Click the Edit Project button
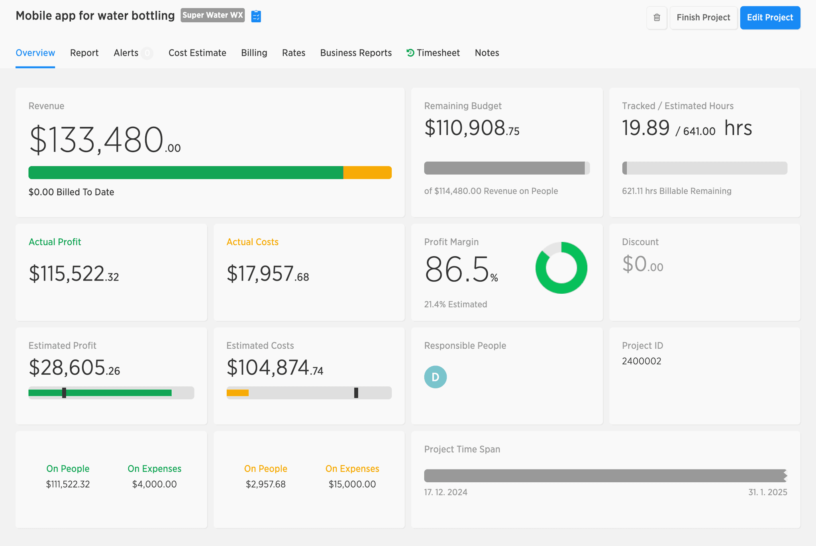tap(770, 18)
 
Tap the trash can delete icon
tap(657, 18)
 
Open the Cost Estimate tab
tap(197, 53)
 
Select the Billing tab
tap(254, 53)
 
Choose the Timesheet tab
tap(433, 53)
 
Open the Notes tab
tap(487, 53)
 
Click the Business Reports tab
tap(356, 53)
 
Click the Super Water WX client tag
tap(213, 16)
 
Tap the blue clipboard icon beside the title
tap(256, 16)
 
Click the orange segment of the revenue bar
tap(367, 173)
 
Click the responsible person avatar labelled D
tap(435, 377)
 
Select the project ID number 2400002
tap(641, 361)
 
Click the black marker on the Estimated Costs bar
tap(356, 393)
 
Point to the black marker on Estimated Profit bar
tap(64, 393)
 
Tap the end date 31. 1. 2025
tap(768, 492)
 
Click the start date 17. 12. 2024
tap(446, 492)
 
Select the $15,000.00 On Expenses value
tap(352, 484)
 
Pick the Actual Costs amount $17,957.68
tap(268, 274)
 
